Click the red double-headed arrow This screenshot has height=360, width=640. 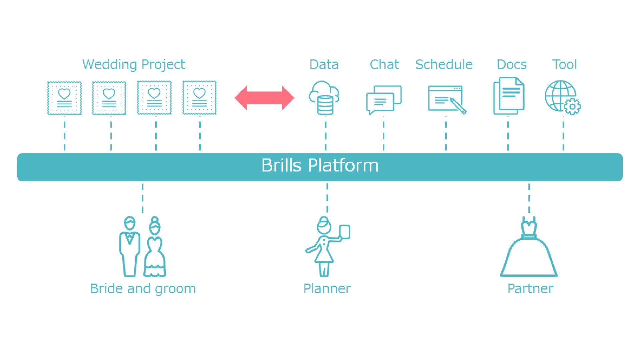point(264,98)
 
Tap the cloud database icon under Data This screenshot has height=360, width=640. point(324,98)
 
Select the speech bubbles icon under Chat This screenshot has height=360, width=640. point(383,99)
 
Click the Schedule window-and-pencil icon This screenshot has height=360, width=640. point(446,99)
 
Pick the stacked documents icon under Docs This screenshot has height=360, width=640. point(509,96)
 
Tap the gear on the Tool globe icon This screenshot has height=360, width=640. point(572,107)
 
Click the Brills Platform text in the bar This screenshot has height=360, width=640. point(320,166)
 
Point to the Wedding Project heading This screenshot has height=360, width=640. point(133,65)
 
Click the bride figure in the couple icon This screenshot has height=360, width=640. point(155,248)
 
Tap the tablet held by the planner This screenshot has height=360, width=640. point(344,232)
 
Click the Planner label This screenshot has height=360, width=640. point(327,289)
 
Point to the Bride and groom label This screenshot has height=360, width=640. point(143,289)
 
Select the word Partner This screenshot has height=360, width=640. point(530,289)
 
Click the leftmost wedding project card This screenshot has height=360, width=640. point(64,98)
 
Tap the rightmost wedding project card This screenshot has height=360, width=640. point(199,98)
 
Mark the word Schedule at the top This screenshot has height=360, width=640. point(444,65)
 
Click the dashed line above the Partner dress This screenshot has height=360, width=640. point(529,198)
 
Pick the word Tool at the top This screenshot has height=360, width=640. point(564,65)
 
